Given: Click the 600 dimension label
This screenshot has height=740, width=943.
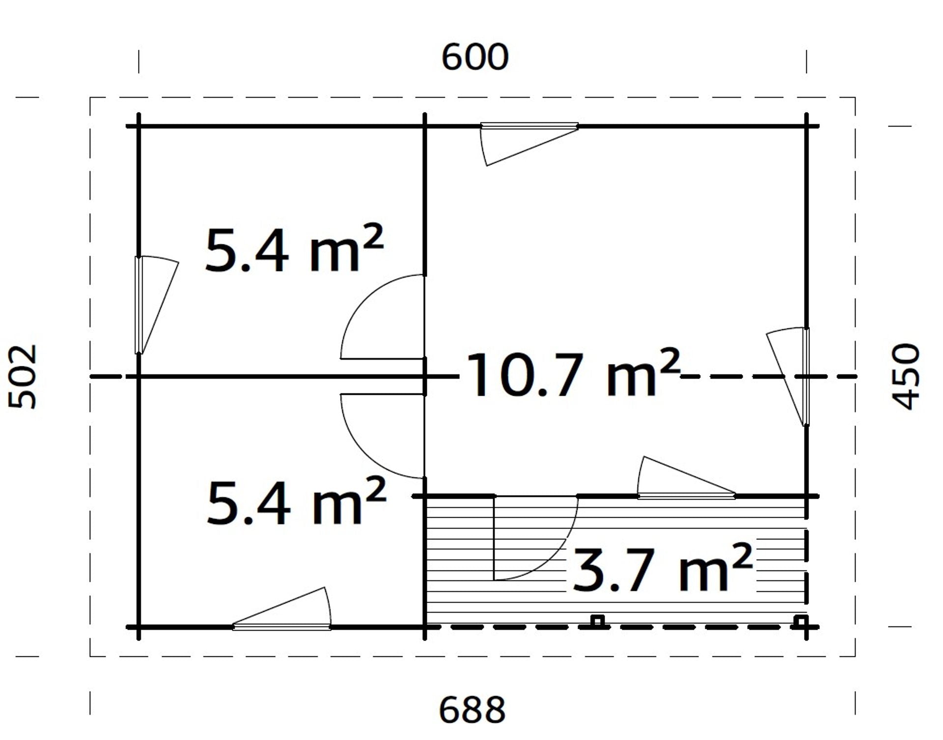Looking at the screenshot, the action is pos(475,58).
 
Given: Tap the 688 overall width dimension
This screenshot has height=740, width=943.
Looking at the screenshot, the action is pos(472,710).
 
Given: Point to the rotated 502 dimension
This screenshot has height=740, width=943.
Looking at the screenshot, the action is pos(23,377).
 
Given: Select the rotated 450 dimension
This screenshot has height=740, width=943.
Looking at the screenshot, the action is pos(905,377).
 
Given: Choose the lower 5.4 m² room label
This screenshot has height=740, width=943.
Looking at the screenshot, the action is pos(296,502).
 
